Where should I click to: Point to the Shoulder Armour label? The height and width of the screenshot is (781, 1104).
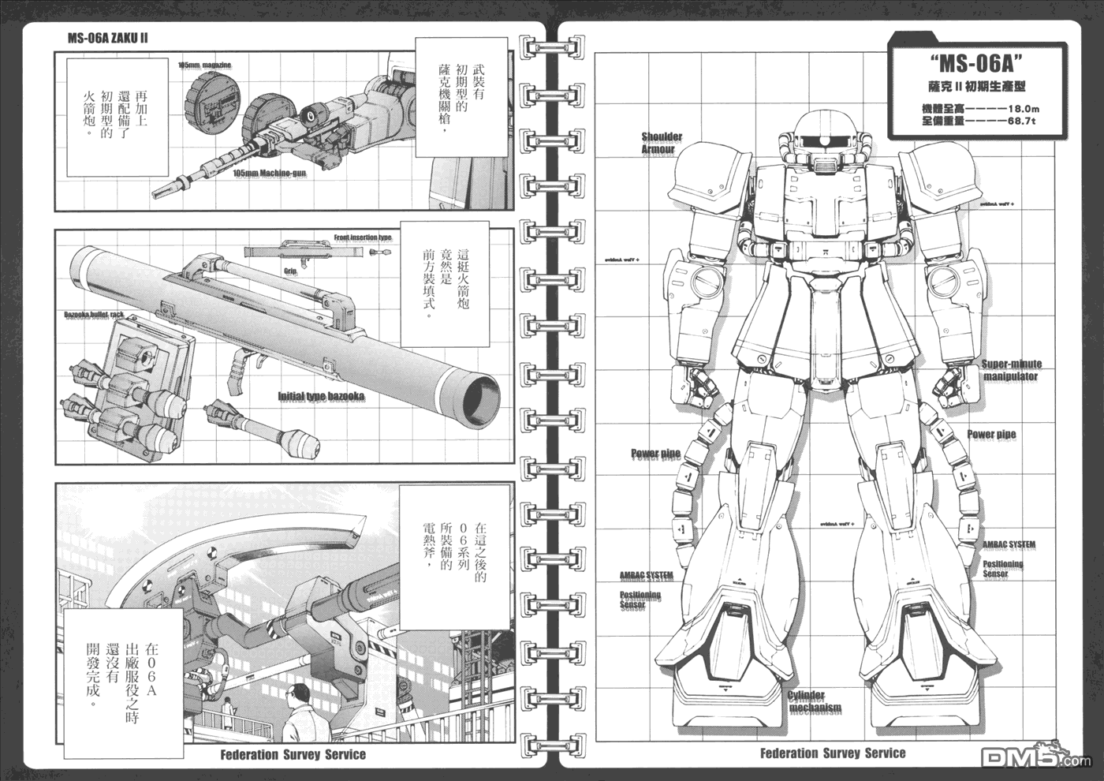(x=661, y=143)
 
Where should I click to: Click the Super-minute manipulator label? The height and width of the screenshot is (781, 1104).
(x=1011, y=370)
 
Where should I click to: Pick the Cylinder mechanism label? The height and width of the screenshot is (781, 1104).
(x=815, y=701)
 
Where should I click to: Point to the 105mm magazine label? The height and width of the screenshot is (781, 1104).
(x=204, y=65)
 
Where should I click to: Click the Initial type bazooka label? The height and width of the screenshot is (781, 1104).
(x=320, y=397)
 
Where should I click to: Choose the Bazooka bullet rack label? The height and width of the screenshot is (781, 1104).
(x=94, y=315)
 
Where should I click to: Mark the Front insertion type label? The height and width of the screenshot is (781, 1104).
(x=362, y=237)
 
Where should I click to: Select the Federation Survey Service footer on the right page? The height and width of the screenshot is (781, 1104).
(x=833, y=753)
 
